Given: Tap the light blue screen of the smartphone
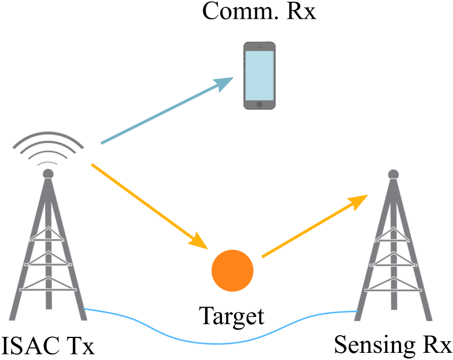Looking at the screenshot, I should pos(259,75).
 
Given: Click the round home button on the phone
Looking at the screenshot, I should pos(259,104).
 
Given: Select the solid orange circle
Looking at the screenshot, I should pos(233,271).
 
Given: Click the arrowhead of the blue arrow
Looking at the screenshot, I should pos(225,83).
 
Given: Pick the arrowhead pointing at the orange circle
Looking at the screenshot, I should pos(198,241).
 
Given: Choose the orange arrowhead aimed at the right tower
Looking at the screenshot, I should pos(359,201).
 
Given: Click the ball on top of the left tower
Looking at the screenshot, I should pos(48,174).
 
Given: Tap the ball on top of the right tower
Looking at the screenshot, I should pos(393,174).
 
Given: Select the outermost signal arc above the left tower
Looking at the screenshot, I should pos(48,135).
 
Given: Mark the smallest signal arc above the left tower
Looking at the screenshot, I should pos(48,163).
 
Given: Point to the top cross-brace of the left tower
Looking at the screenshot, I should pos(48,239).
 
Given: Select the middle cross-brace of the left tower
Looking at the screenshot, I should pos(48,264).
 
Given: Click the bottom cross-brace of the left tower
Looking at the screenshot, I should pos(48,289).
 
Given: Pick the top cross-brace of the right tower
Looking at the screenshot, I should pos(392,240).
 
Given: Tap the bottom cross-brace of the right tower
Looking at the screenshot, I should pos(393,289).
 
